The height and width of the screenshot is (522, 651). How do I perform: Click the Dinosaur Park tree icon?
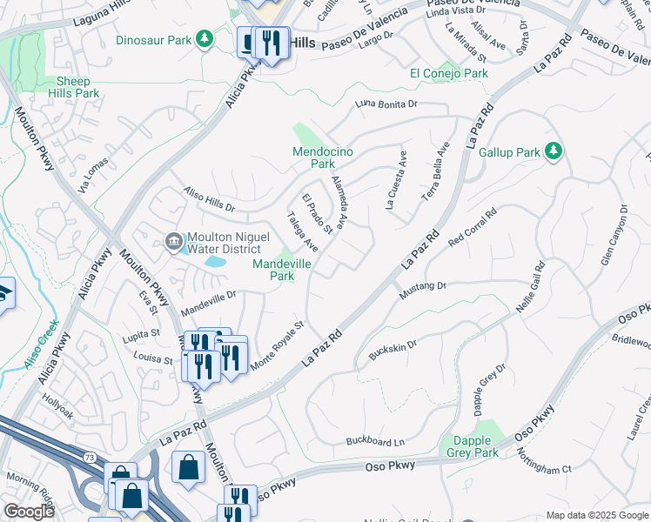click(204, 38)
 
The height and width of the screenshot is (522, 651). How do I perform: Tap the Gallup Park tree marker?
click(553, 151)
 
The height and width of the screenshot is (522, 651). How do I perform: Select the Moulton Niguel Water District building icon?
click(172, 241)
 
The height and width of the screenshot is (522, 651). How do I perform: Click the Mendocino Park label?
click(323, 157)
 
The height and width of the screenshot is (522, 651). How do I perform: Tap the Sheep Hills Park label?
click(72, 87)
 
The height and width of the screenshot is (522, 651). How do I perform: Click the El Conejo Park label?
click(449, 74)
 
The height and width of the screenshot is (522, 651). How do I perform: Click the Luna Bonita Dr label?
click(386, 104)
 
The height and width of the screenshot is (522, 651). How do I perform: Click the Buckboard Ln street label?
click(375, 442)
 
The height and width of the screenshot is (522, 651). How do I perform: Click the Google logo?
click(29, 512)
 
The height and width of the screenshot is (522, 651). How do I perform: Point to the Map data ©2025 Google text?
click(596, 515)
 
